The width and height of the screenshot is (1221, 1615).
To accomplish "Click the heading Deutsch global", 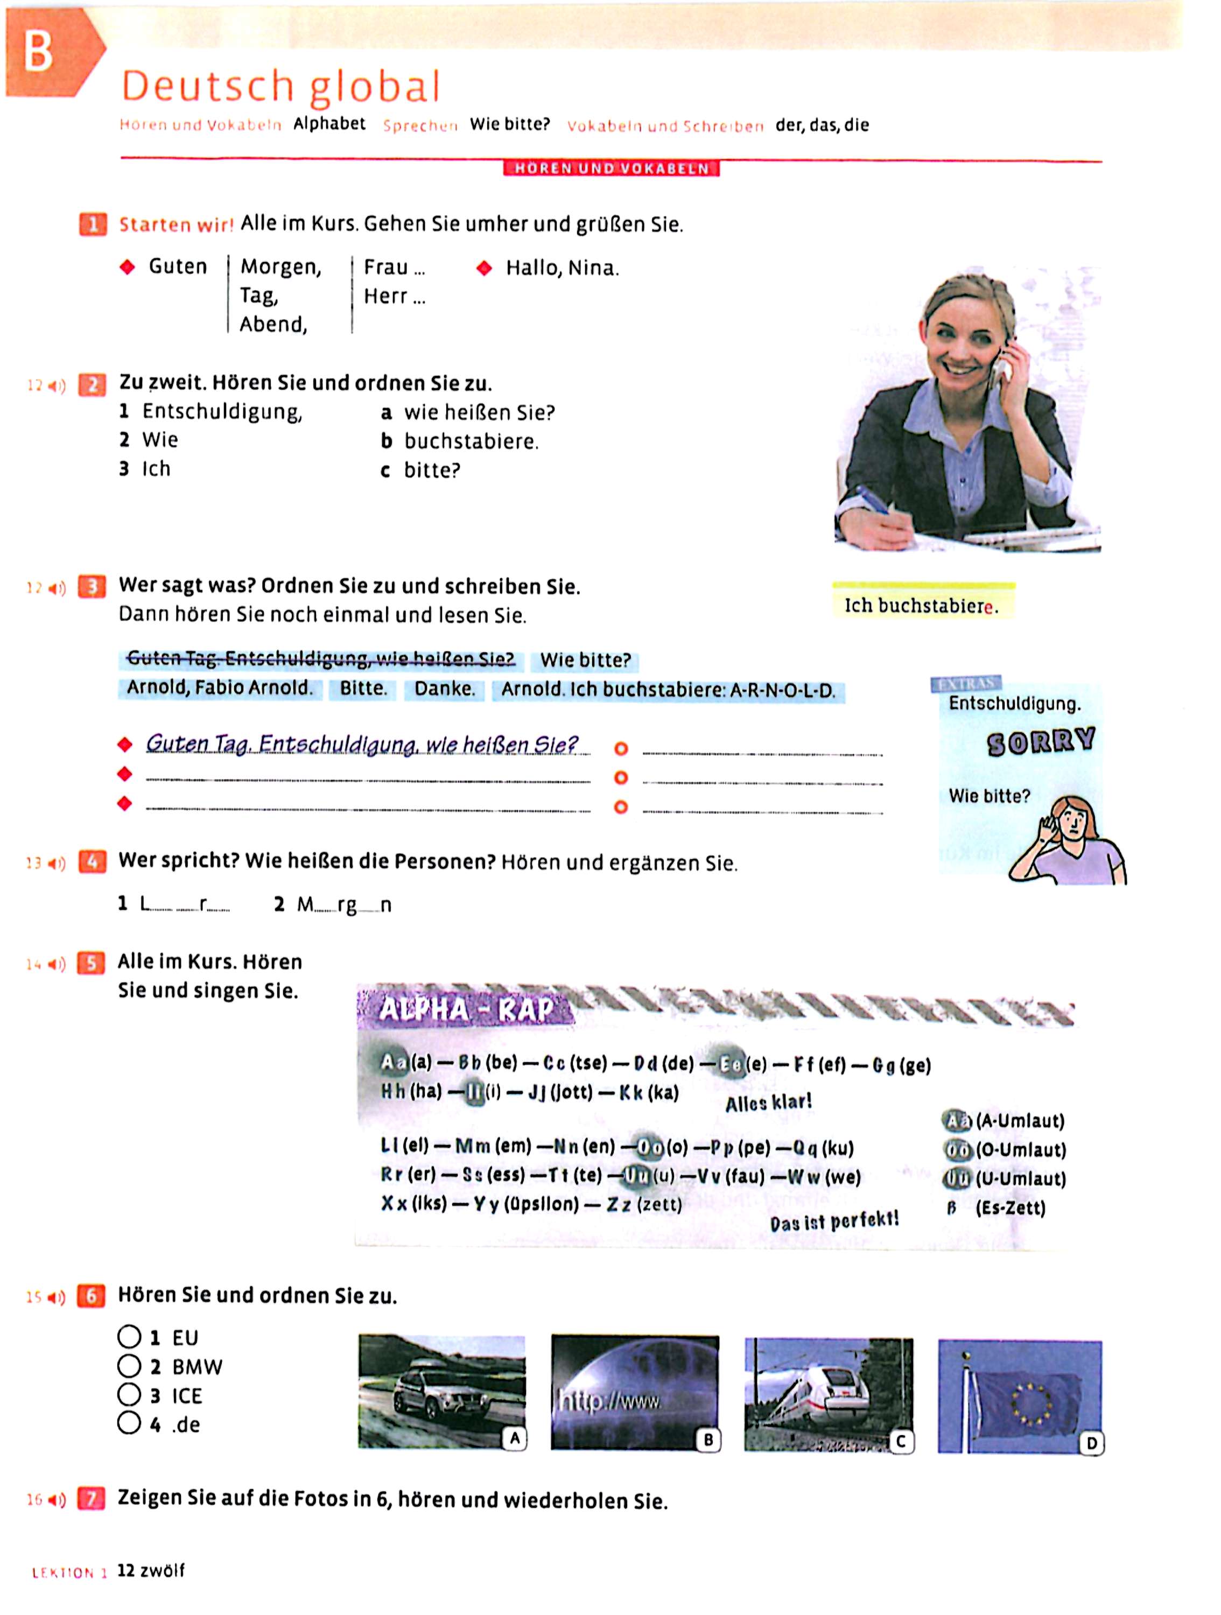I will click(280, 86).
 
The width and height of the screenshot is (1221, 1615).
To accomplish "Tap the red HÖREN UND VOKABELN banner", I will click(611, 168).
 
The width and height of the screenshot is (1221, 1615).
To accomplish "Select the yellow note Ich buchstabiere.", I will click(922, 605).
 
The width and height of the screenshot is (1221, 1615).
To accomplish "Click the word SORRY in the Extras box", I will click(1040, 742).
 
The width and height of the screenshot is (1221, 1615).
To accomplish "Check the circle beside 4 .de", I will click(129, 1423).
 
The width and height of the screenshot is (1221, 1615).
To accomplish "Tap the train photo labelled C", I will click(828, 1393).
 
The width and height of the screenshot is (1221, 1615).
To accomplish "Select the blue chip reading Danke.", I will click(444, 689).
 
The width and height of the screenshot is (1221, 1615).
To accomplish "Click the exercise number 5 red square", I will click(92, 964).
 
